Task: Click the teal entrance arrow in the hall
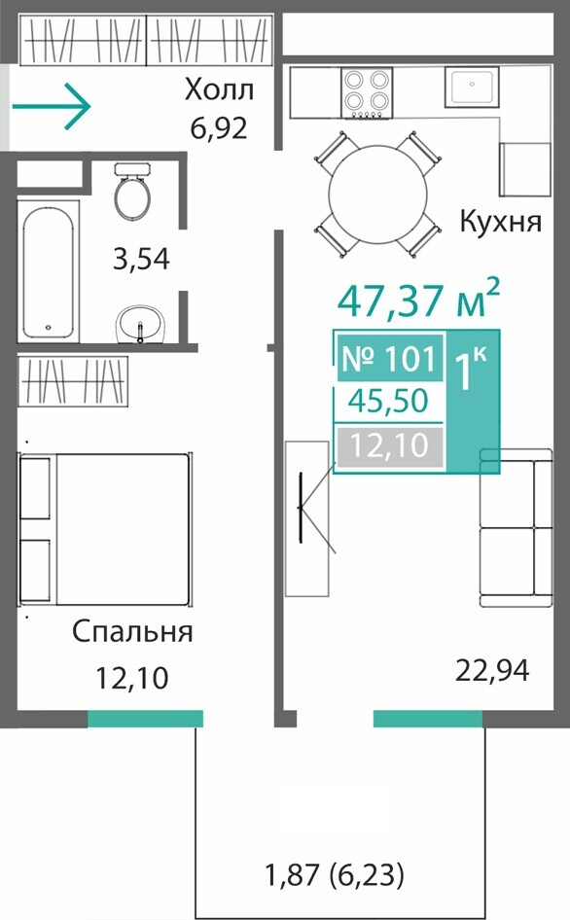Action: point(52,107)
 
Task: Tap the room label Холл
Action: point(219,91)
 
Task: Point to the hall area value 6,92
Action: point(219,128)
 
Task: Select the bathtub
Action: point(48,271)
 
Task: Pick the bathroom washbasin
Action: point(141,324)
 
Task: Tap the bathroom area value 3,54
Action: point(141,259)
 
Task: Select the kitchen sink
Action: point(472,87)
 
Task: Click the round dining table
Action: point(378,195)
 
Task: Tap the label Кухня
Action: point(501,222)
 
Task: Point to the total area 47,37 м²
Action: point(418,300)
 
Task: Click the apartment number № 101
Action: point(389,358)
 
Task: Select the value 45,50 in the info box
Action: point(388,401)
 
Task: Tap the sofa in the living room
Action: point(516,528)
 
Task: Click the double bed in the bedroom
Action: point(105,529)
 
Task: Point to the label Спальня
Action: point(132,632)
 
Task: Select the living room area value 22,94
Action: point(492,670)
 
